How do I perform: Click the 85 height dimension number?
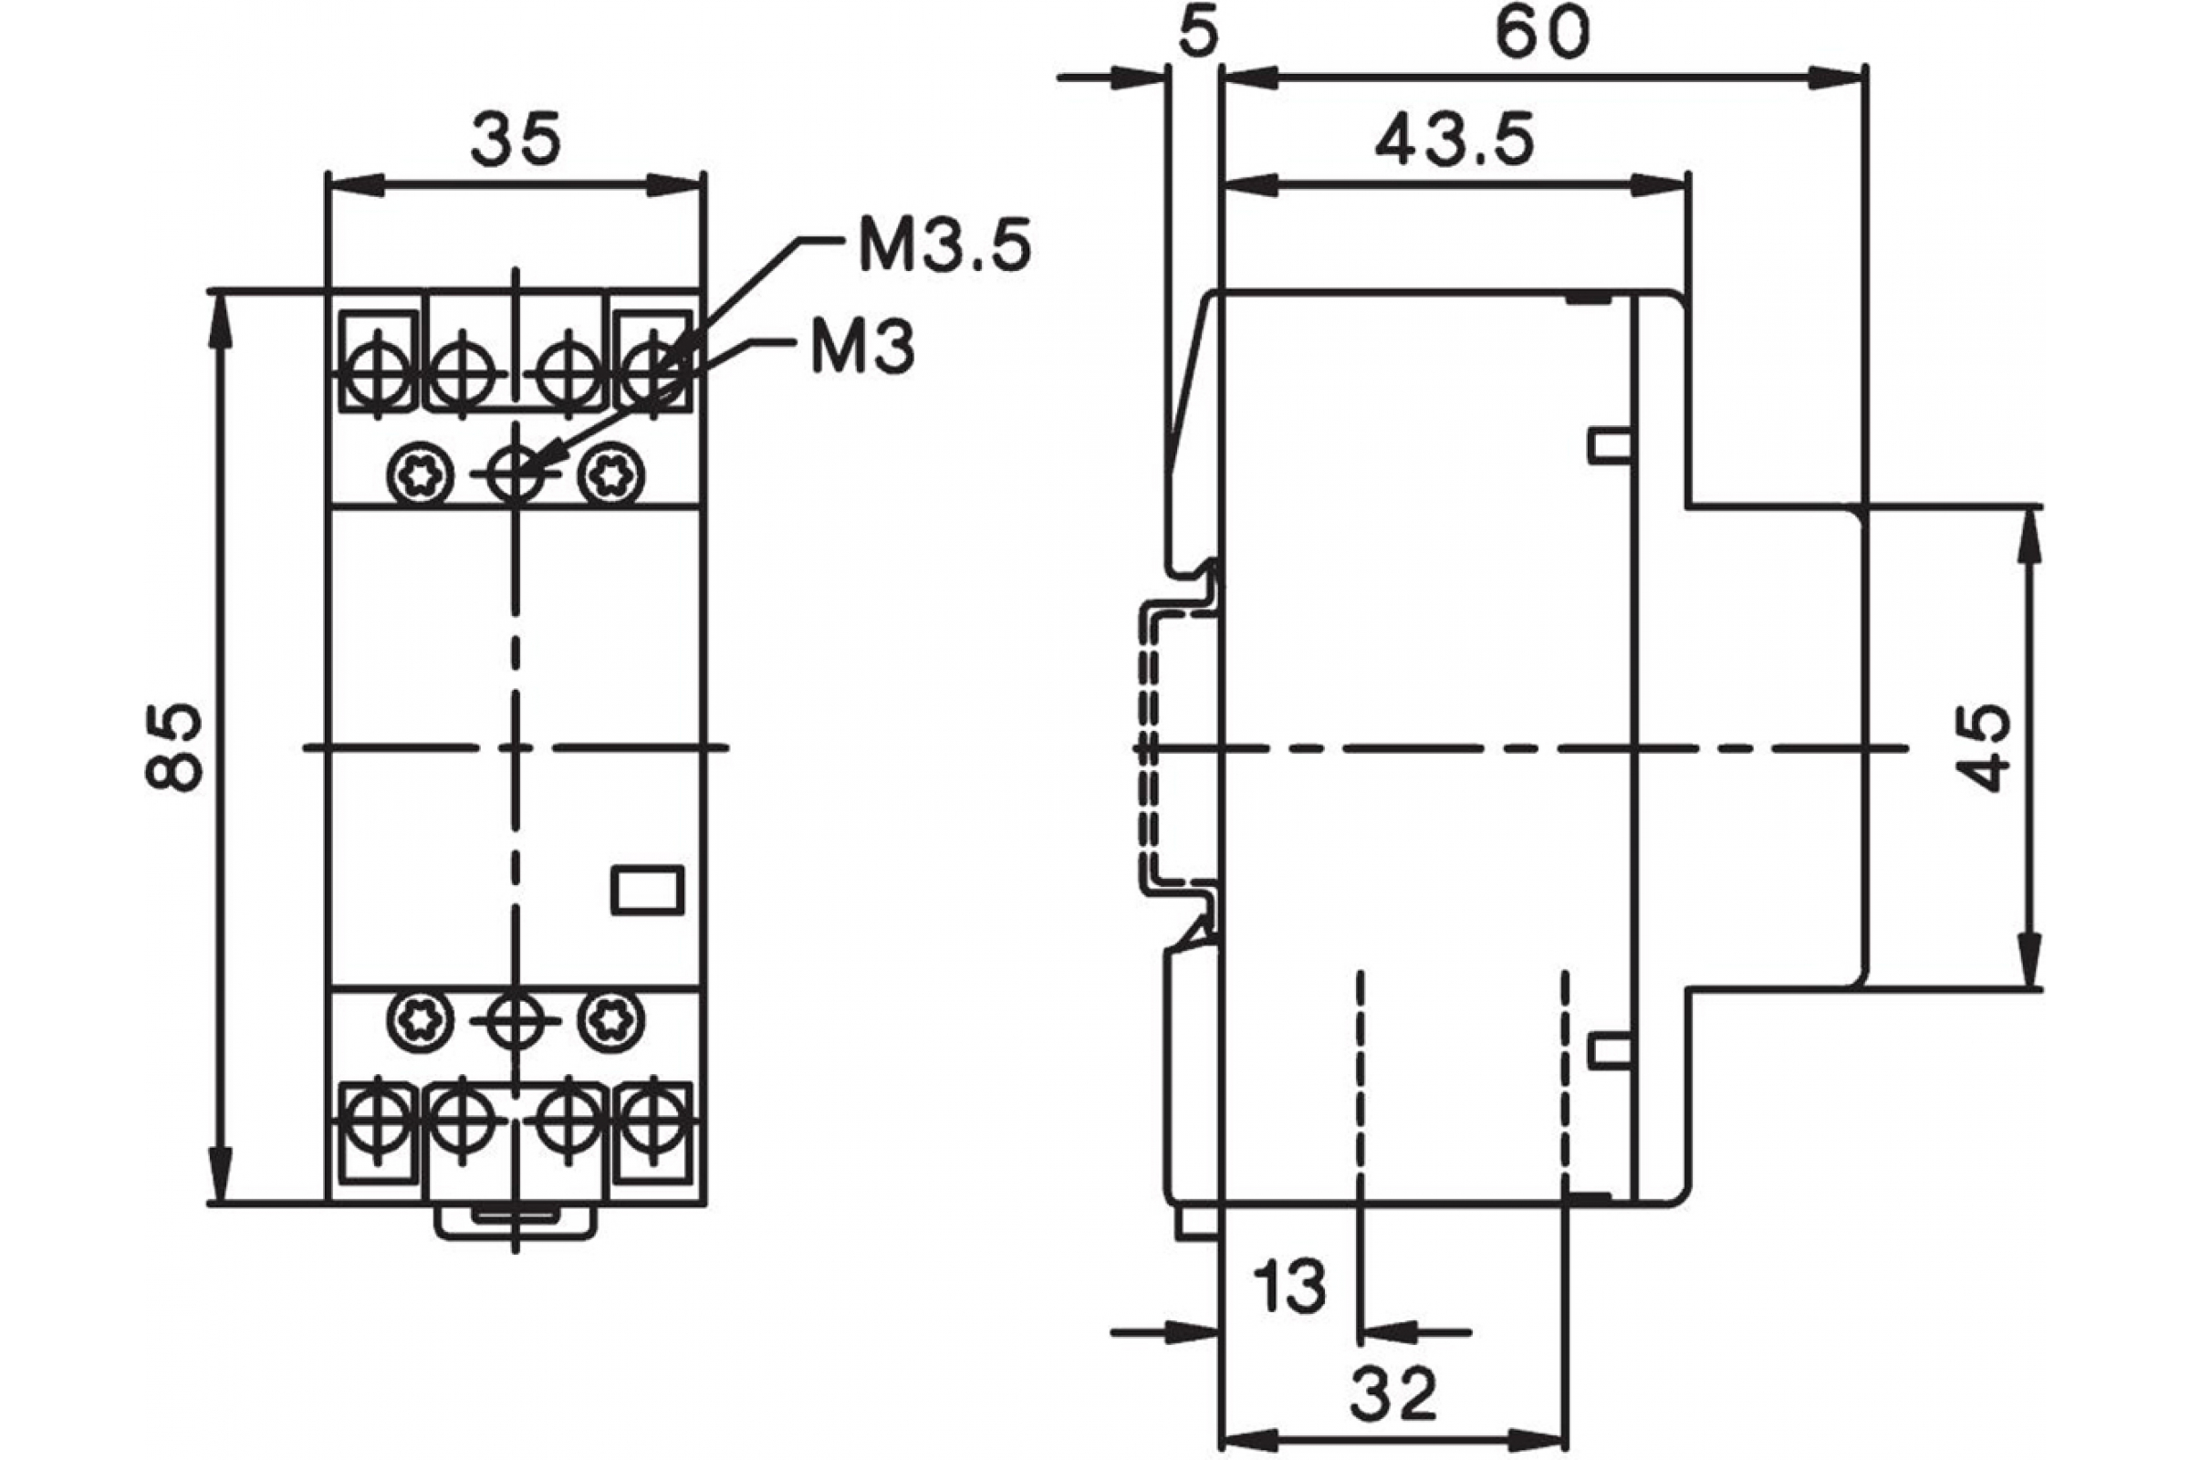174,747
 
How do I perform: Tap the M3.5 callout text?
944,245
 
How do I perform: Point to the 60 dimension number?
1542,34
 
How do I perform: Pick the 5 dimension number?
1197,34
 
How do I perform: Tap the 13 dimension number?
1289,1287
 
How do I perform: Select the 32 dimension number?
1394,1394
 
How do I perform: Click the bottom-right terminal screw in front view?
654,1115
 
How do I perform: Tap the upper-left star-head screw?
420,475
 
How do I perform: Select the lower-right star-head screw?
610,1019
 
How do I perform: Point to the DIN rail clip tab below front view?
516,1221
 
